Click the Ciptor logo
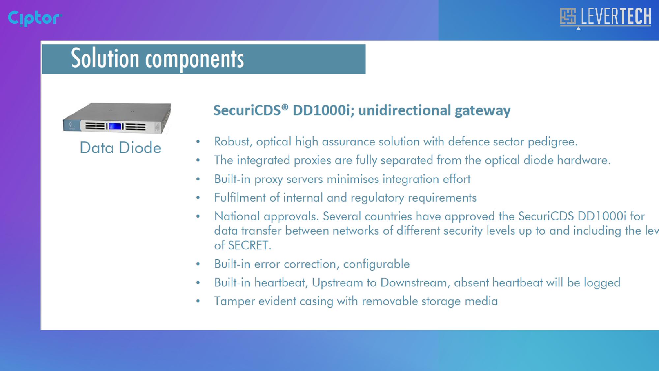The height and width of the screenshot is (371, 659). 35,18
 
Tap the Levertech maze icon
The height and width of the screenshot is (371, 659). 568,16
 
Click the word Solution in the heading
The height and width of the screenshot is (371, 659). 105,58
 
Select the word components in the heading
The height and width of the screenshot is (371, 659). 194,60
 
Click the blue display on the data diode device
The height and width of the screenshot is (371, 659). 115,126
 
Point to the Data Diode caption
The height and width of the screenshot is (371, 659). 121,147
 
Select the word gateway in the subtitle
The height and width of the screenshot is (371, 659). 483,111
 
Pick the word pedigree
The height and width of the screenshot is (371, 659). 553,142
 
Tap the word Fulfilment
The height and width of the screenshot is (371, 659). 240,198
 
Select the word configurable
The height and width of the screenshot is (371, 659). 376,264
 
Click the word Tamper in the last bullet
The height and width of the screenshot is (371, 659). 234,301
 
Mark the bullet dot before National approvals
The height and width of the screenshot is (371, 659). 198,216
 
